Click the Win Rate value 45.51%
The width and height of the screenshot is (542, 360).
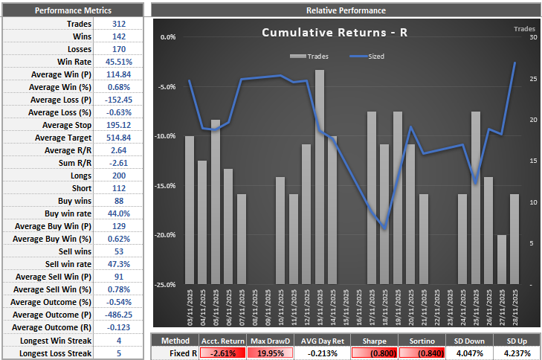[x=118, y=62]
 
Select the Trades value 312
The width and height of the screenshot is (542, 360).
[x=118, y=24]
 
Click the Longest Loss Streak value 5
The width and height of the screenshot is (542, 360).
[x=118, y=353]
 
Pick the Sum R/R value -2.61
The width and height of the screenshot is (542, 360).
[x=118, y=163]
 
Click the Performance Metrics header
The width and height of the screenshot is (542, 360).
[x=73, y=10]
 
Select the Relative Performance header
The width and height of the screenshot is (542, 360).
[x=346, y=10]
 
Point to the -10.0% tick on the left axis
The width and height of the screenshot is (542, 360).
[x=168, y=136]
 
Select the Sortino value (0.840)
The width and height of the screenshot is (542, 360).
[x=416, y=353]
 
